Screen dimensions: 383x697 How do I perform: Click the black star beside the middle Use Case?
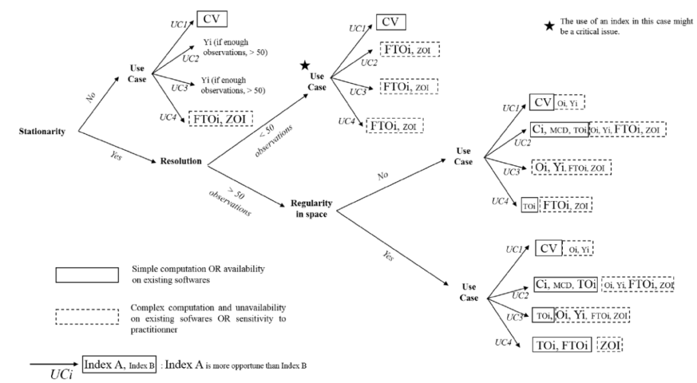306,66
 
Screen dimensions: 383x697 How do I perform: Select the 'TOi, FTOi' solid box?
561,345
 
